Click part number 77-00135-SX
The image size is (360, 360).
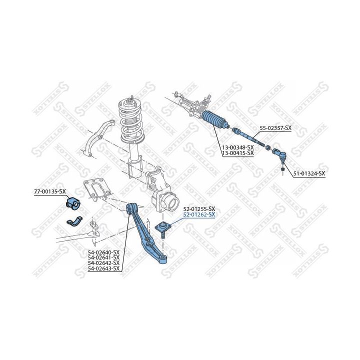coord(50,191)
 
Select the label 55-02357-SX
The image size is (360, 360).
coord(275,128)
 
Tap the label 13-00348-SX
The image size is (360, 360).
coord(238,147)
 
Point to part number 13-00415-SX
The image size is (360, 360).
coord(238,153)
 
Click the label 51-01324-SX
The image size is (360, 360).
coord(309,173)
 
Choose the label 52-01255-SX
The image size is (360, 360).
coord(199,209)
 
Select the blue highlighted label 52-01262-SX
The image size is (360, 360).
coord(199,214)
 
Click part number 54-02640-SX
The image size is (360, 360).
coord(104,252)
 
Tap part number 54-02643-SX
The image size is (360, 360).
coord(104,268)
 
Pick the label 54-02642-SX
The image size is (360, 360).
coord(104,263)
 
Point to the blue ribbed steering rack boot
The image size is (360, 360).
coord(215,120)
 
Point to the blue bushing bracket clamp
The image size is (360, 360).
coord(74,221)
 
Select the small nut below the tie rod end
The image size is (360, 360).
coord(283,169)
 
